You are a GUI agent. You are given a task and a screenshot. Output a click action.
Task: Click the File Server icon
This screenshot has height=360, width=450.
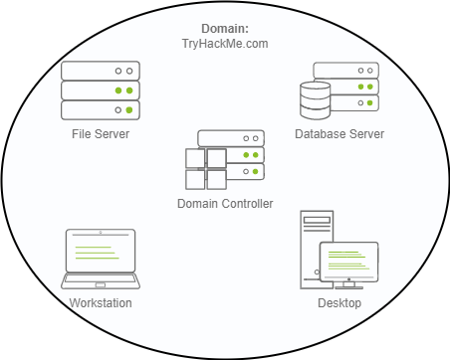coord(100,90)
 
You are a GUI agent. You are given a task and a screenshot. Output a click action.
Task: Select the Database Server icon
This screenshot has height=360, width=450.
coord(340,90)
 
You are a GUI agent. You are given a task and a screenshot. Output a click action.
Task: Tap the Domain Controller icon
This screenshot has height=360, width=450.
coord(224,160)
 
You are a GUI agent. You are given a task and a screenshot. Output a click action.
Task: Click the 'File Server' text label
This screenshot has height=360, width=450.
coord(100,133)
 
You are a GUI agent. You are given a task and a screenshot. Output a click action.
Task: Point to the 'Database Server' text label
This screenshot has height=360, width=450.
coord(339,133)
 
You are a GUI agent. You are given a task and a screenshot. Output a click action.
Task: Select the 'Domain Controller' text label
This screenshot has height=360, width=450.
coord(224,203)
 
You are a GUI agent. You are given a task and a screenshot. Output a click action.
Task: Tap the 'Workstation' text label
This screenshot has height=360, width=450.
coord(101,302)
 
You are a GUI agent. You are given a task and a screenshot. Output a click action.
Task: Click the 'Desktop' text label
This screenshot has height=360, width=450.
coord(338,302)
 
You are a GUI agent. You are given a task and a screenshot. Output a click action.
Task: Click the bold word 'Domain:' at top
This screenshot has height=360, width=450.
coord(225,30)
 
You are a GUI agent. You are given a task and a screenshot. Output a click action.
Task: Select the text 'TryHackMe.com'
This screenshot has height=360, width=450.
coord(225,45)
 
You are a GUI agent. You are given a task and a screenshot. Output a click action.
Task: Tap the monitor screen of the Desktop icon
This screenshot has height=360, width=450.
coord(348,262)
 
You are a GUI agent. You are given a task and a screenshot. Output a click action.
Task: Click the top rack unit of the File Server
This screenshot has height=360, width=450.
coord(100,72)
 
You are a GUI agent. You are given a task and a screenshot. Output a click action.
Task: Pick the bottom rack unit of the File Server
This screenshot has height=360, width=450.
coord(100,109)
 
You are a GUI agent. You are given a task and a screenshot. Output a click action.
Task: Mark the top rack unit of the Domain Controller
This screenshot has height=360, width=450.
coord(231,139)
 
